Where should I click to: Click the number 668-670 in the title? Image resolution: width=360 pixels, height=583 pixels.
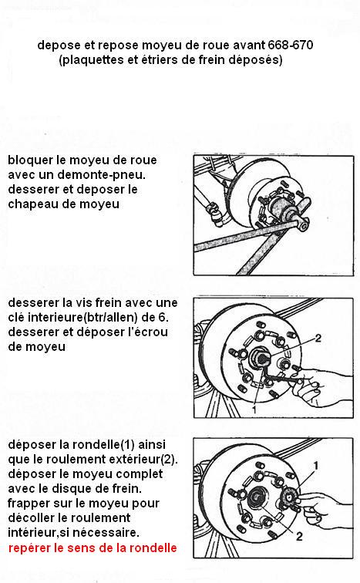pyautogui.click(x=290, y=45)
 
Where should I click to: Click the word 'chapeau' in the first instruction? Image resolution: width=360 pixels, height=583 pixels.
pyautogui.click(x=32, y=204)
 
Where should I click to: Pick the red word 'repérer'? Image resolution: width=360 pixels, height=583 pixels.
pyautogui.click(x=29, y=548)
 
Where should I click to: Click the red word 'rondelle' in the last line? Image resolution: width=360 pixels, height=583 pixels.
pyautogui.click(x=153, y=548)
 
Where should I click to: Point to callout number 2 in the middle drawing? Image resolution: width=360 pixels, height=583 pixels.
pyautogui.click(x=318, y=338)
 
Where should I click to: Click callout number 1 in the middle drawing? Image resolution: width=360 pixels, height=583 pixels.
pyautogui.click(x=254, y=409)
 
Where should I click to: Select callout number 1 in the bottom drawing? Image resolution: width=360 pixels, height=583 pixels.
pyautogui.click(x=316, y=466)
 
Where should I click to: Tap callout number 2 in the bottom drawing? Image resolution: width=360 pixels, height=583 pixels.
pyautogui.click(x=299, y=536)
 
